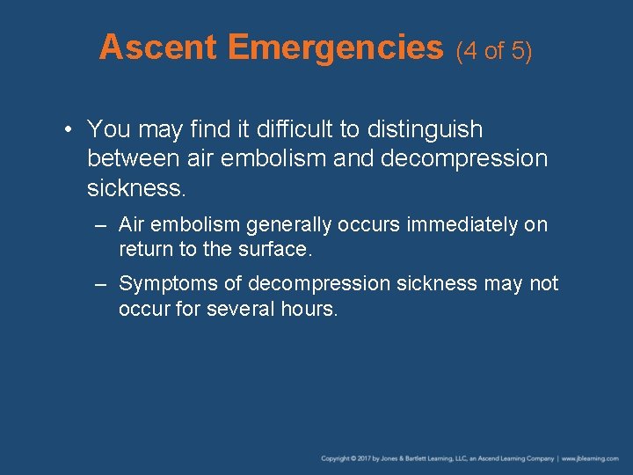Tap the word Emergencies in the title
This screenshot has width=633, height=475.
[x=335, y=47]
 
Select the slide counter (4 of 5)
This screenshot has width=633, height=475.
[x=494, y=51]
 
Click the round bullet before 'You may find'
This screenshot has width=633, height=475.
[x=68, y=130]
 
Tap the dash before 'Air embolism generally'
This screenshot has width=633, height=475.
[x=102, y=225]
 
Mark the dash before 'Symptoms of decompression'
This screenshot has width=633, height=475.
[x=102, y=284]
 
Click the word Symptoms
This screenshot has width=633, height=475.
[x=166, y=284]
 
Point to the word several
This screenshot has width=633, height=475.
[x=241, y=309]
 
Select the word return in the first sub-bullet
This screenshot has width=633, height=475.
[x=146, y=249]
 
